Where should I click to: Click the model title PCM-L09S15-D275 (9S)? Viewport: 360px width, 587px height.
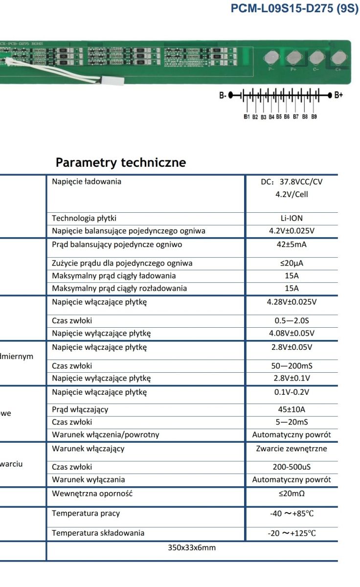294,10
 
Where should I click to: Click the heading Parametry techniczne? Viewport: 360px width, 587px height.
120,162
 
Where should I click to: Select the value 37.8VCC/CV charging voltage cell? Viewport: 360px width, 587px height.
292,182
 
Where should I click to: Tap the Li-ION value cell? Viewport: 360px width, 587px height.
292,218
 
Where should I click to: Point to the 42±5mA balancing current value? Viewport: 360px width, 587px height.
292,245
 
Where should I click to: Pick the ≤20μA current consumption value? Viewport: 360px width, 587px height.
292,263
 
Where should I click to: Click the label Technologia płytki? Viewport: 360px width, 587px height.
84,218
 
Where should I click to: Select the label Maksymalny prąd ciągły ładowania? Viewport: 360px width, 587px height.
114,276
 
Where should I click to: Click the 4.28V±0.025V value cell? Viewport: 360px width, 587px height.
292,302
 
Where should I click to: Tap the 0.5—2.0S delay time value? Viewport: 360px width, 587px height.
292,321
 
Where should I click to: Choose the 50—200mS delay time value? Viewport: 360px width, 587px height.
292,366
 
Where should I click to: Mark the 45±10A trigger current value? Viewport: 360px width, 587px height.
292,409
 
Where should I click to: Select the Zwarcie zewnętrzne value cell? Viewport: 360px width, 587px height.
292,449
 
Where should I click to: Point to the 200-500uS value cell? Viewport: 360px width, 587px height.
292,467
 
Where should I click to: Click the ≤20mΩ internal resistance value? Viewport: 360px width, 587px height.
292,494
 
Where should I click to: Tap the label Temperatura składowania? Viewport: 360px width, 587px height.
98,533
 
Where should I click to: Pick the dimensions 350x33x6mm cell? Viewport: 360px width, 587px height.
192,548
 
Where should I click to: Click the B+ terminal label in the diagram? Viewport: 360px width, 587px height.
338,95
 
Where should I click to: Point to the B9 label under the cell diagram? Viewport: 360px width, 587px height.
314,117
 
